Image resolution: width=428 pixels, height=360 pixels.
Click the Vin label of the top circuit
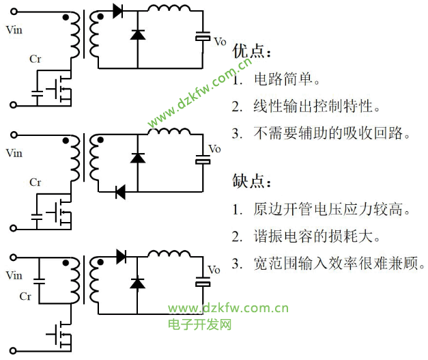(x=14, y=30)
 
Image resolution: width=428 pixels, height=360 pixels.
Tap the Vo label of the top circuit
(x=220, y=42)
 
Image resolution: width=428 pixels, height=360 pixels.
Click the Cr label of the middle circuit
(x=35, y=182)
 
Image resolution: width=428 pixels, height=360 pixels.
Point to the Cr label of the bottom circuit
(x=25, y=296)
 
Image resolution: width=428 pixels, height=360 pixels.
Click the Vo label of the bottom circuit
(x=214, y=270)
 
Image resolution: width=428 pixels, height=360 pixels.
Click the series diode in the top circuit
(x=117, y=11)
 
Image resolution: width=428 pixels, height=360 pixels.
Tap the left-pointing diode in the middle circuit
(x=120, y=193)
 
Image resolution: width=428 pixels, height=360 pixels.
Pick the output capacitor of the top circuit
(x=202, y=37)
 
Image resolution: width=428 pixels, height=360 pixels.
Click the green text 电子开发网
(x=199, y=324)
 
